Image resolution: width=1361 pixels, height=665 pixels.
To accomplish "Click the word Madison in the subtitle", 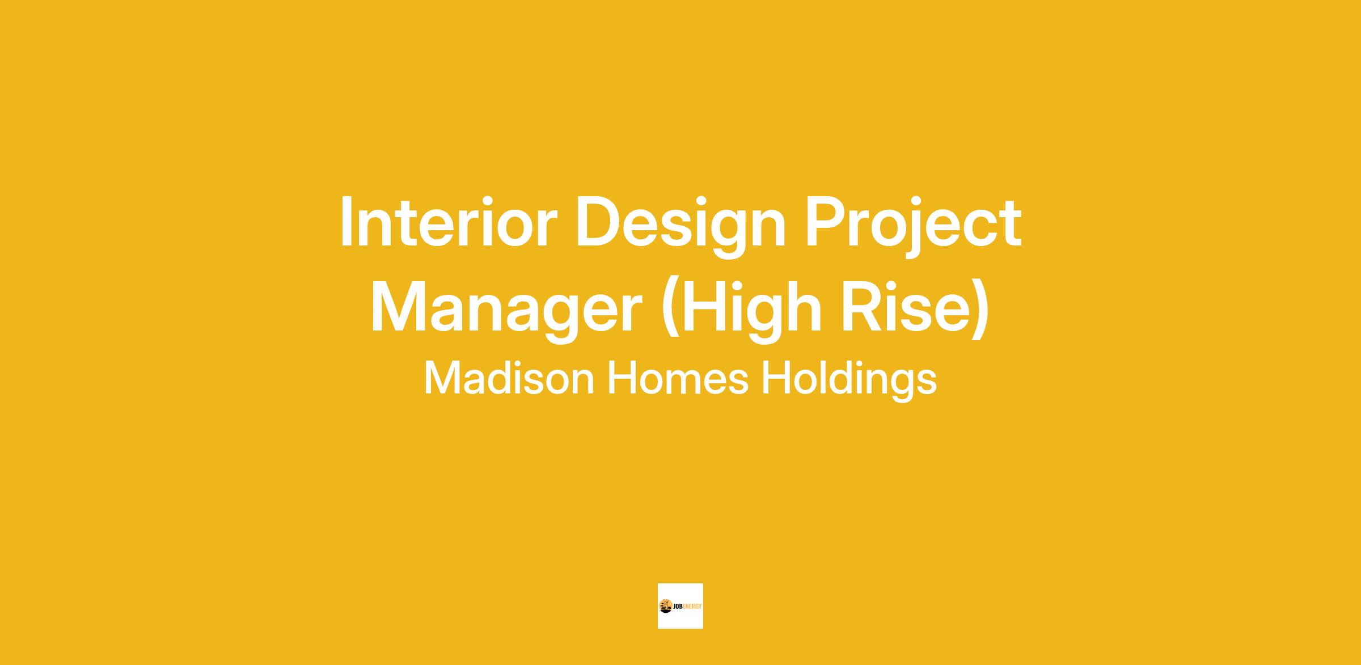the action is pos(509,379).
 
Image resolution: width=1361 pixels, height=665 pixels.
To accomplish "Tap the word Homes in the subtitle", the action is pos(678,379).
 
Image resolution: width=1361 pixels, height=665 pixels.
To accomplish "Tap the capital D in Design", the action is pos(599,222).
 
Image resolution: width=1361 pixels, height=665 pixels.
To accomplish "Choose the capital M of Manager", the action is pos(400,307).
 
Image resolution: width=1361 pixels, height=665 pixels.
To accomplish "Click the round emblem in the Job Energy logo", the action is pos(666,606).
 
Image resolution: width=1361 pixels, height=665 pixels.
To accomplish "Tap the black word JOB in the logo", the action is pos(677,606).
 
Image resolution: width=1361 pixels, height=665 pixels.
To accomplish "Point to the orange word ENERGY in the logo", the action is pos(692,606).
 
